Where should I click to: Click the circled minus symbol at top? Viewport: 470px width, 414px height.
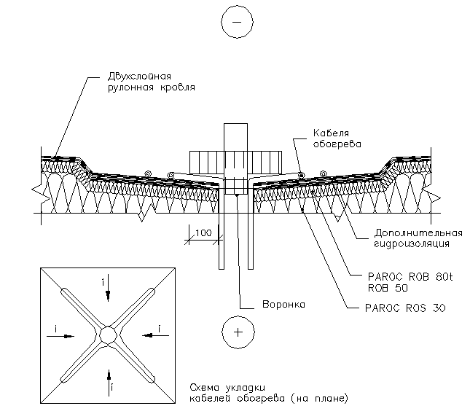tap(235, 23)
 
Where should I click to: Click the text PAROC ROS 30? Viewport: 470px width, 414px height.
tap(404, 308)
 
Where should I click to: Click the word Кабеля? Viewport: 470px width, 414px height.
tap(329, 133)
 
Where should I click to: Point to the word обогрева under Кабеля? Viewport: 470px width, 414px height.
tap(334, 144)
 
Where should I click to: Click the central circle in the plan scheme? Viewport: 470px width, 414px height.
tap(109, 335)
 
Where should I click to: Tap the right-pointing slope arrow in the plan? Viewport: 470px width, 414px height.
tap(64, 335)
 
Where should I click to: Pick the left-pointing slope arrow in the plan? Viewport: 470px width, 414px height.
tap(153, 335)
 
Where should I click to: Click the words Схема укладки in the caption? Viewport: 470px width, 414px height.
tap(222, 387)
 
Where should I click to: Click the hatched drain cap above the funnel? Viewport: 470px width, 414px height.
tap(235, 160)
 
